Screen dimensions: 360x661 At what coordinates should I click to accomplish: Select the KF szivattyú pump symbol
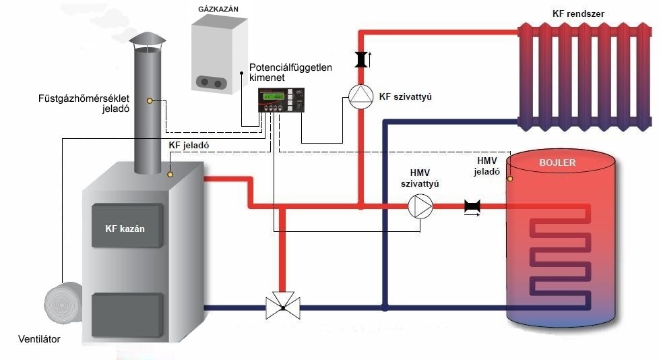(x=360, y=96)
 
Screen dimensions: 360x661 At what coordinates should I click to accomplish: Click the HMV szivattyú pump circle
(x=420, y=206)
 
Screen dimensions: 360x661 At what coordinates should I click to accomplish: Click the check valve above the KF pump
(x=360, y=60)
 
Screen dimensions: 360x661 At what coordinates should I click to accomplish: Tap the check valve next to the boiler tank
(x=472, y=207)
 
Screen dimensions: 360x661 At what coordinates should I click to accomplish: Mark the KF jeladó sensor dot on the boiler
(x=170, y=175)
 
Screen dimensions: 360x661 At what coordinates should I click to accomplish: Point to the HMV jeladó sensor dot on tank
(x=511, y=179)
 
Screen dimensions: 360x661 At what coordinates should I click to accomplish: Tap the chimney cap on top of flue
(x=146, y=41)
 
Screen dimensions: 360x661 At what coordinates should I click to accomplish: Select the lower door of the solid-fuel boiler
(x=127, y=314)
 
